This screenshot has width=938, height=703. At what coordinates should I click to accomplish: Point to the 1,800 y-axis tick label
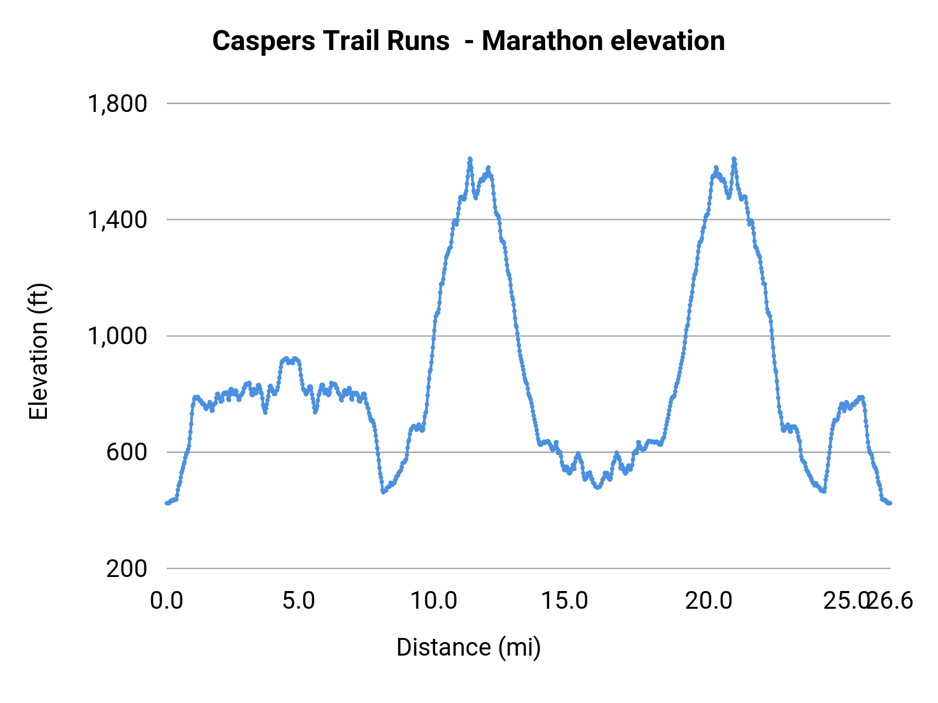pyautogui.click(x=117, y=104)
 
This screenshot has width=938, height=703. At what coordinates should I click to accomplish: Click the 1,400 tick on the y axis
pyautogui.click(x=117, y=220)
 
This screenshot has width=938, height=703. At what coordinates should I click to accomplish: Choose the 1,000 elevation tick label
pyautogui.click(x=117, y=336)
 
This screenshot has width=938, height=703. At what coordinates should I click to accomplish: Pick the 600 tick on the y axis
pyautogui.click(x=127, y=452)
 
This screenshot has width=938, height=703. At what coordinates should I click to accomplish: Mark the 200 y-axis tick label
pyautogui.click(x=127, y=569)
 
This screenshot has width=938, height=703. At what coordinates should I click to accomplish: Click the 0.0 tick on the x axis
pyautogui.click(x=167, y=601)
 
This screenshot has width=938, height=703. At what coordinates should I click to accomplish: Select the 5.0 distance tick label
pyautogui.click(x=299, y=601)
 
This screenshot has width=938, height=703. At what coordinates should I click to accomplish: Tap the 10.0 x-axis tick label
pyautogui.click(x=434, y=601)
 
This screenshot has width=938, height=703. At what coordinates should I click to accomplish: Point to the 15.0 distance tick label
pyautogui.click(x=565, y=601)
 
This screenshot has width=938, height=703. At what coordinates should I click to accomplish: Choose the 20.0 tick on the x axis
pyautogui.click(x=709, y=601)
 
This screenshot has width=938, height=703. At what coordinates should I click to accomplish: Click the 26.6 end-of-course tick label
pyautogui.click(x=892, y=601)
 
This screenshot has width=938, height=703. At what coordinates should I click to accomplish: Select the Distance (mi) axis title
pyautogui.click(x=468, y=647)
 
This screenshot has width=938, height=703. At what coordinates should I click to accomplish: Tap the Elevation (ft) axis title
pyautogui.click(x=39, y=351)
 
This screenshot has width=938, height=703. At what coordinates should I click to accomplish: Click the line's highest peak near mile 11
pyautogui.click(x=470, y=159)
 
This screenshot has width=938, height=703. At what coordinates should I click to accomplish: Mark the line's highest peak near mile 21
pyautogui.click(x=734, y=159)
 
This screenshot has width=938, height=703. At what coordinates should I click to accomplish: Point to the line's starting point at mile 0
pyautogui.click(x=167, y=503)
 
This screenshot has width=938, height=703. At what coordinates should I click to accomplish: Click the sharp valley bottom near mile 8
pyautogui.click(x=383, y=492)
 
